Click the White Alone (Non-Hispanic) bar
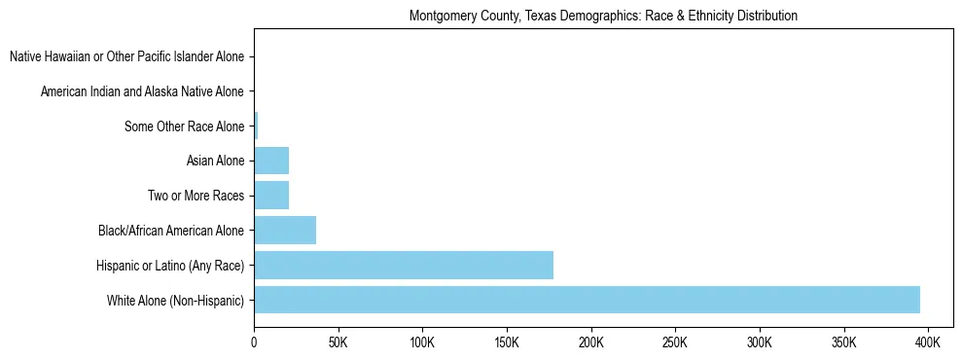click(x=587, y=300)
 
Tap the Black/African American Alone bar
click(x=285, y=231)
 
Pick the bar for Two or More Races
click(x=271, y=196)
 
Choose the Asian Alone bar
click(x=271, y=161)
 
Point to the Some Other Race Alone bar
click(x=256, y=126)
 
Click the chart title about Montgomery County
click(x=603, y=17)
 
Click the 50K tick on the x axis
click(x=338, y=343)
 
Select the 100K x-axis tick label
click(x=422, y=343)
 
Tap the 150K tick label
click(x=507, y=343)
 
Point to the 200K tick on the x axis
click(x=590, y=343)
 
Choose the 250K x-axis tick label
click(x=675, y=343)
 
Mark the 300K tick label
click(x=759, y=343)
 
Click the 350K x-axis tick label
click(x=843, y=343)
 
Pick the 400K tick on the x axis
click(x=928, y=343)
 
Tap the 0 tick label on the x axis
click(x=254, y=343)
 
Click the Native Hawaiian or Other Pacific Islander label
click(x=126, y=57)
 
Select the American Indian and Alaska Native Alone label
click(x=142, y=92)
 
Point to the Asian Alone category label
click(x=215, y=162)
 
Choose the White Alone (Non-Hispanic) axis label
click(x=176, y=301)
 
